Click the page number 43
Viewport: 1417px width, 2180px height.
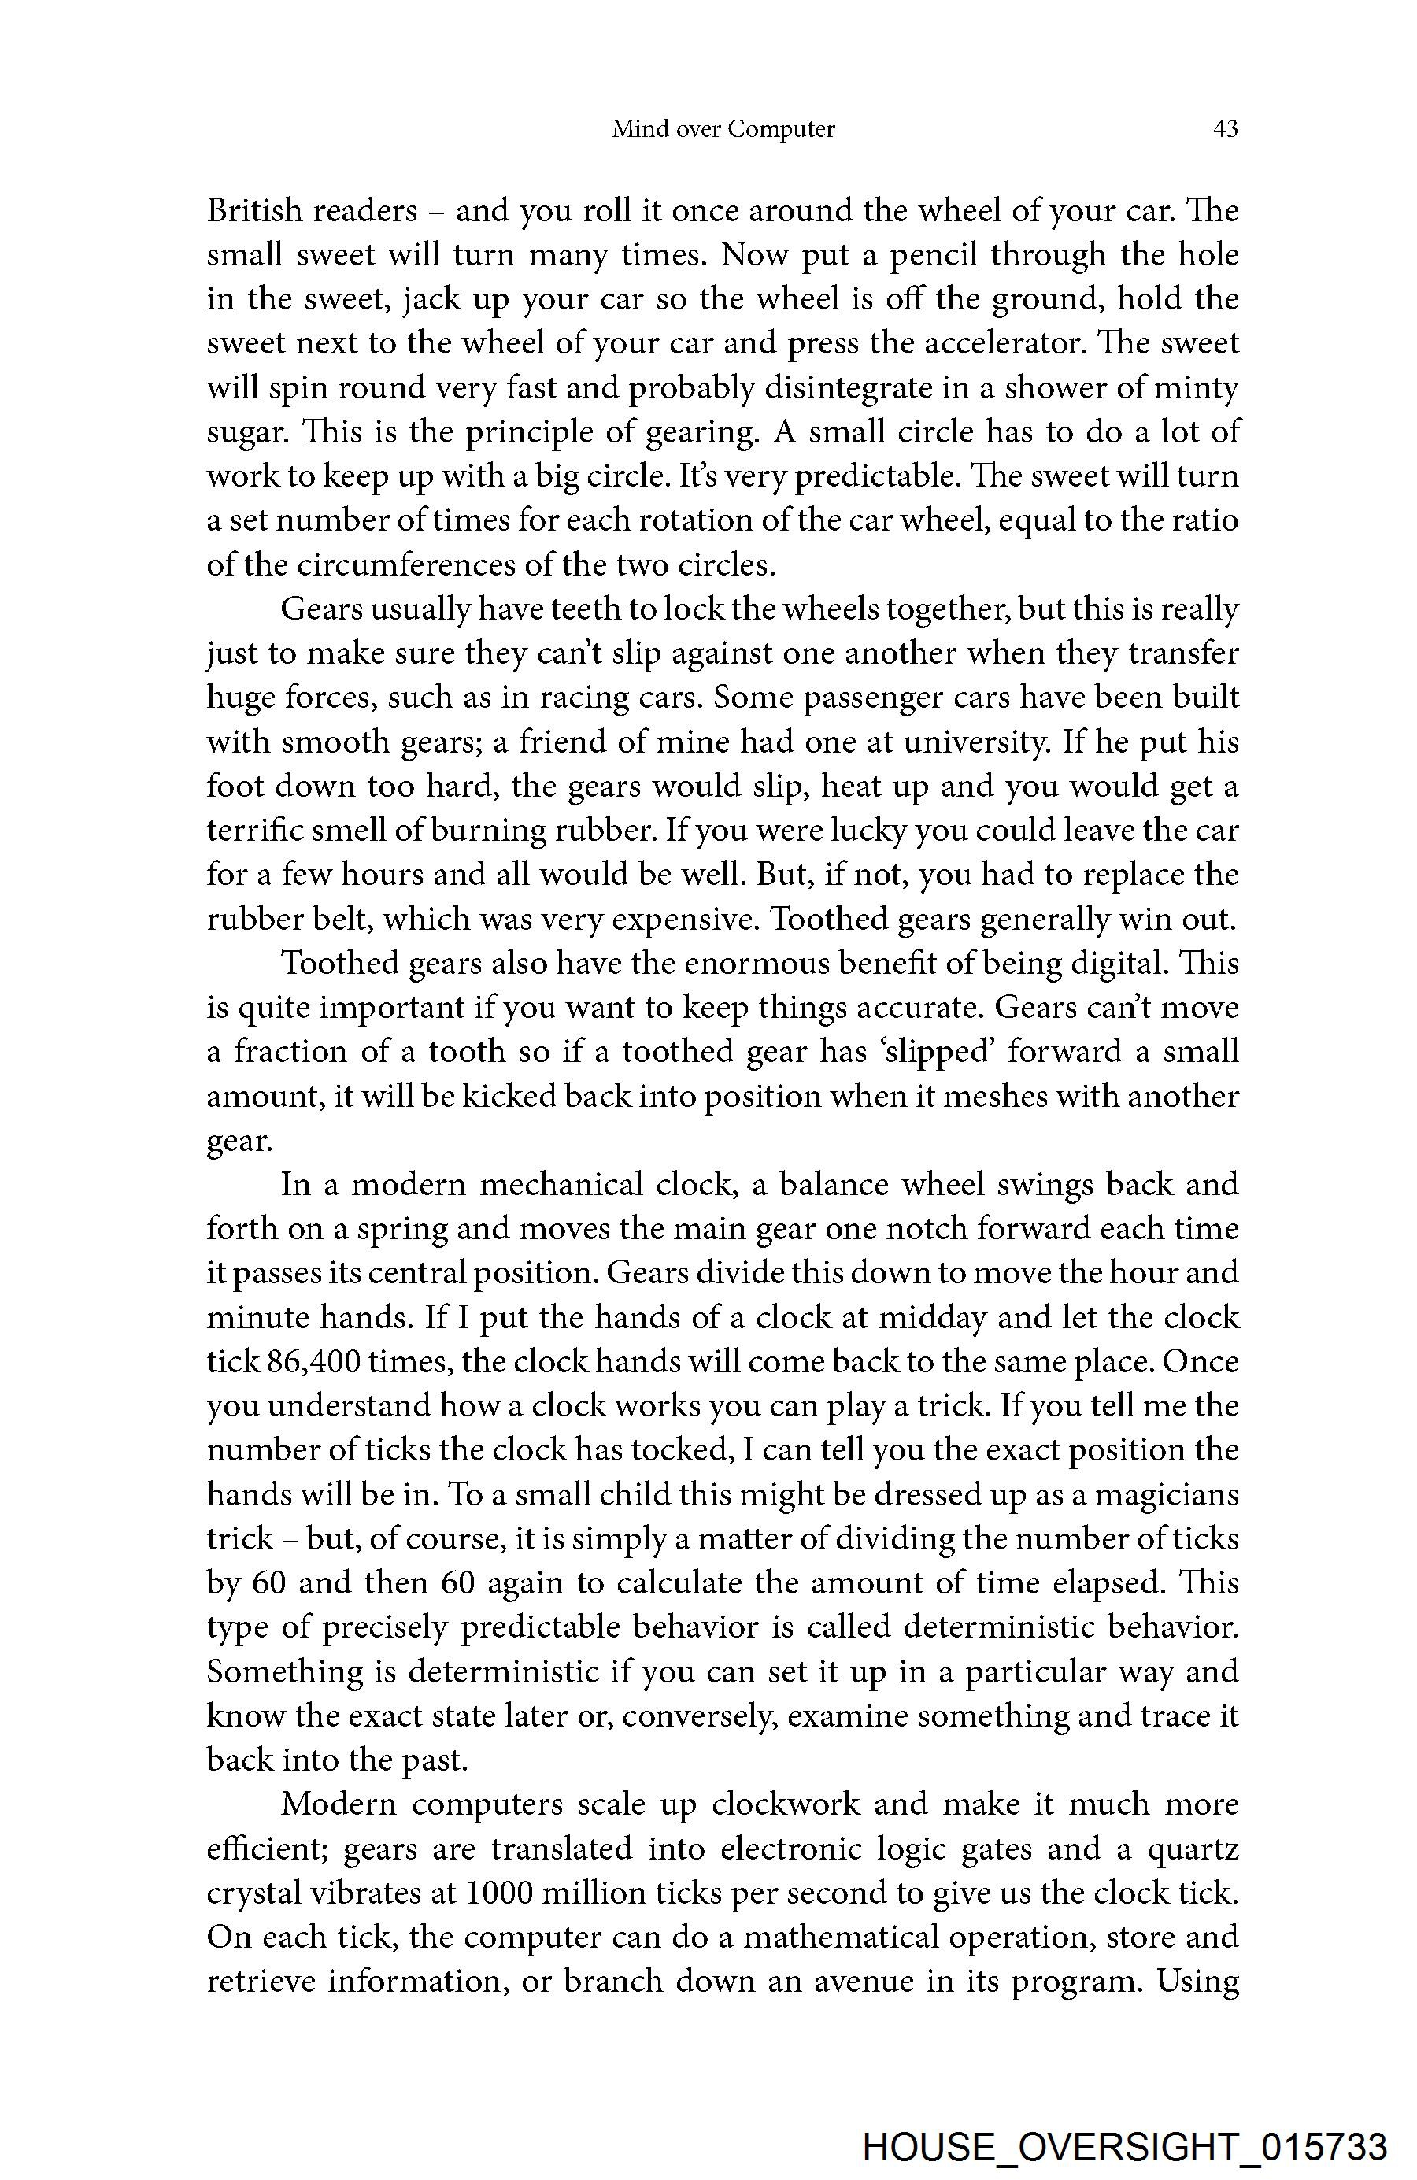point(1225,129)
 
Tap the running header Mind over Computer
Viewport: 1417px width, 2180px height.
point(723,129)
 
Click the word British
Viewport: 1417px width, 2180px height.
point(253,211)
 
